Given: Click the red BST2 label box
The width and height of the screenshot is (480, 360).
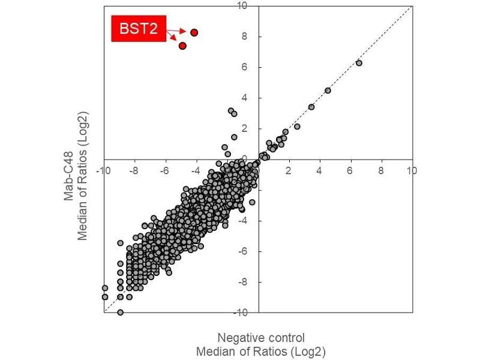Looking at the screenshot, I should (139, 29).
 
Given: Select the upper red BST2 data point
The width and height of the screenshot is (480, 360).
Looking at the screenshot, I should (194, 32).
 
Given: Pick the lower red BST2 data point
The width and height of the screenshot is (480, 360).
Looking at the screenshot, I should (182, 46).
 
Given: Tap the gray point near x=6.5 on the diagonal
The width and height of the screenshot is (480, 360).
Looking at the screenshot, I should (359, 63).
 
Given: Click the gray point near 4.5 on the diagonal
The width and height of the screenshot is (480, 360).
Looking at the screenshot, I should (328, 91).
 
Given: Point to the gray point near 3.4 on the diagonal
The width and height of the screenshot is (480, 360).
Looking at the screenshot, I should (311, 107).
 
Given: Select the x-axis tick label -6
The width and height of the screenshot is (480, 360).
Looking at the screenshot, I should (164, 170).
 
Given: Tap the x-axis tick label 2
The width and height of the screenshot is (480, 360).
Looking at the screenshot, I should (289, 170).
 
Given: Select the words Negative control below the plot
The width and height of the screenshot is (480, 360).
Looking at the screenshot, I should (261, 337).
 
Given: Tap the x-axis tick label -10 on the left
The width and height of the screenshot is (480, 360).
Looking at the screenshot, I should (104, 170).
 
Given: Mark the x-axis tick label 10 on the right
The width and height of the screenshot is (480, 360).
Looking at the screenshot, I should (412, 170).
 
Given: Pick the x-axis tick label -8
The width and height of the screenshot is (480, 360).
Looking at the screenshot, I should (134, 170).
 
